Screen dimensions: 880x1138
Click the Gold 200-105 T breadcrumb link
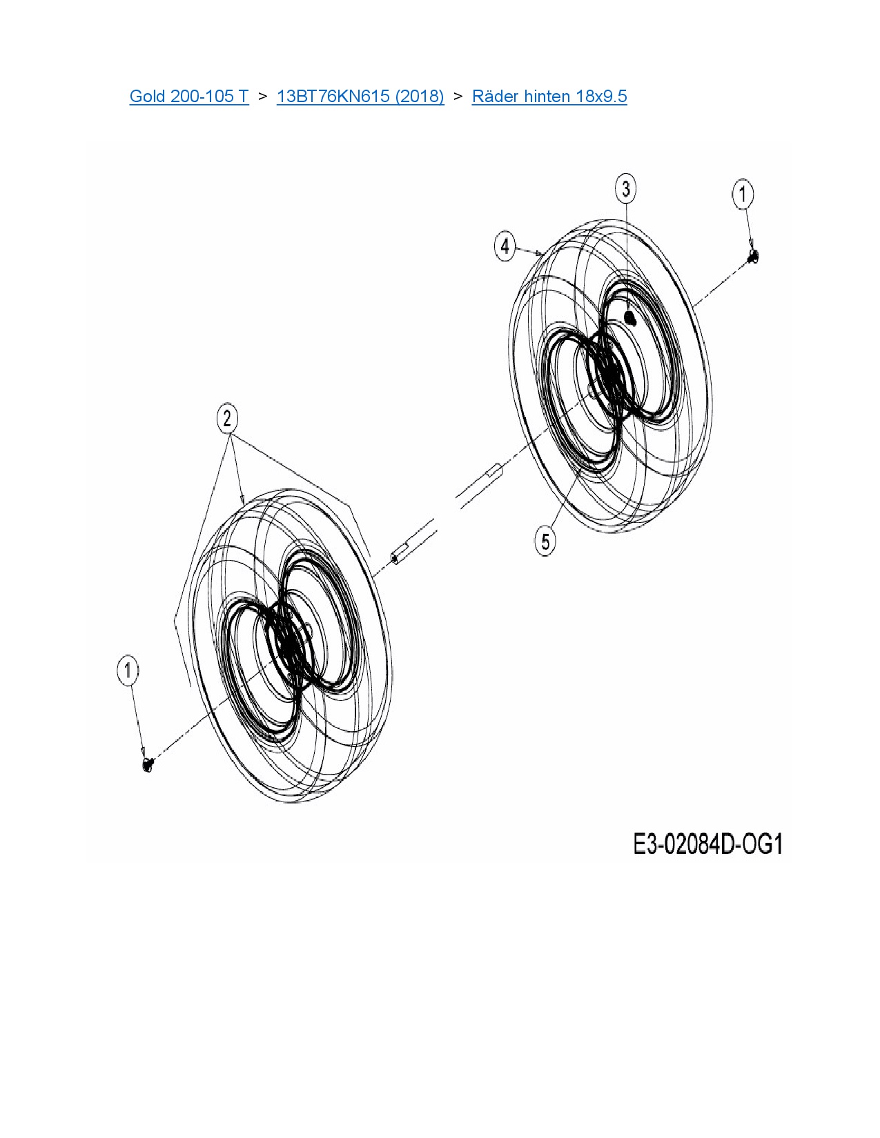tap(188, 96)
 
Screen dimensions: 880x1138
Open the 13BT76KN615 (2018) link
tap(360, 96)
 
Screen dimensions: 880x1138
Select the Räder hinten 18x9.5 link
tap(549, 96)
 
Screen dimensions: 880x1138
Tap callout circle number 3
tap(625, 189)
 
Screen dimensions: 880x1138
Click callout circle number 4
tap(505, 246)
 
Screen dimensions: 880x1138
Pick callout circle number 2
tap(227, 418)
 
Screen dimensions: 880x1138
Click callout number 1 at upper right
tap(743, 194)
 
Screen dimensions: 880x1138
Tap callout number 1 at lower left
tap(128, 670)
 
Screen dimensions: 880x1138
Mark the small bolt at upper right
tap(753, 257)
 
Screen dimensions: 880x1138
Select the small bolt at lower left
tap(147, 763)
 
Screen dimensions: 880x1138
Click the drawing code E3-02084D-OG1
tap(707, 844)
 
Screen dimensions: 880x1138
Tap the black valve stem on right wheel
tap(629, 317)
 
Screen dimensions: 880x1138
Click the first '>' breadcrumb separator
tap(262, 96)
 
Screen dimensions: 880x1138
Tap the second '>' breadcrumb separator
tap(458, 96)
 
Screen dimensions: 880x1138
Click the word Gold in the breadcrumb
tap(146, 96)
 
